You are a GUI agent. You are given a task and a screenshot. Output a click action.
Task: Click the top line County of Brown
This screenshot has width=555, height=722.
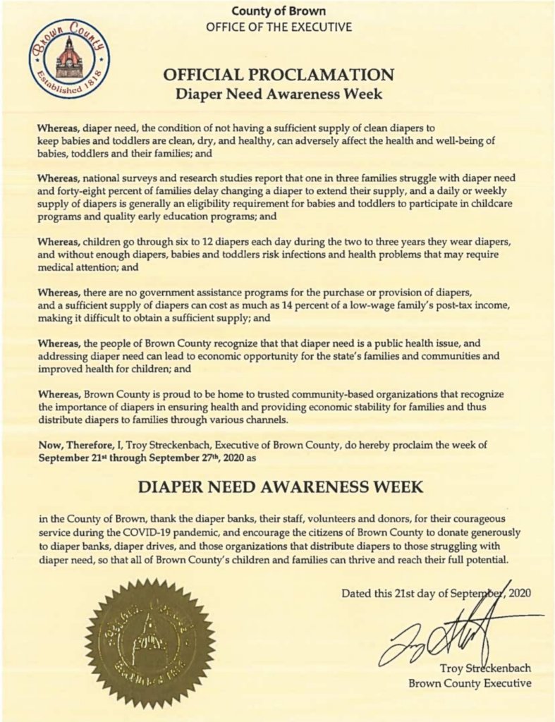278,12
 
